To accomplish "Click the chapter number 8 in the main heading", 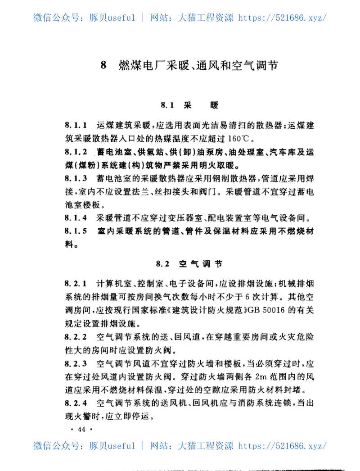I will tap(103, 66).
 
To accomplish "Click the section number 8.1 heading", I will tap(167, 106).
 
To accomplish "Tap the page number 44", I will tap(81, 429).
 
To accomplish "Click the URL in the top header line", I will tap(282, 18).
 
